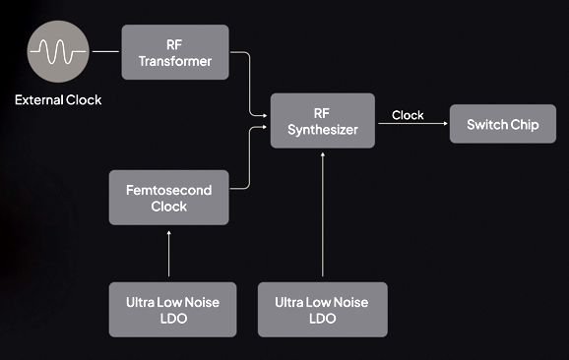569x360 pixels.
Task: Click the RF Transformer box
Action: pos(175,52)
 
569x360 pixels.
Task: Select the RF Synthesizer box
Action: pos(323,121)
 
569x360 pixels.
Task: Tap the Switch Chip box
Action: pos(503,124)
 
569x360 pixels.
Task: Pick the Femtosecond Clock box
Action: pos(168,198)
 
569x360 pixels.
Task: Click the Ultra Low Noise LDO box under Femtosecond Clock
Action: pos(172,310)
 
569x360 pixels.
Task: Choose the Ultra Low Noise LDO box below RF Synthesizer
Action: pos(323,310)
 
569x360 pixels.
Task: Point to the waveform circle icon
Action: pos(58,51)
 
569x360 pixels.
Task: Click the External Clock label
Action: pos(58,99)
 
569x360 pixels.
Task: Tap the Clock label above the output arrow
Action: pos(408,115)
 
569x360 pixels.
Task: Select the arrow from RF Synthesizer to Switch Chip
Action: pos(412,124)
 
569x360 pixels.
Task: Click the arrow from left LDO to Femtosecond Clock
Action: pos(168,254)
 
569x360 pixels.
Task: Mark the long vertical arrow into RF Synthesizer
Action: pos(323,214)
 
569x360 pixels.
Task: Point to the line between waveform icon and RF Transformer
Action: pos(105,51)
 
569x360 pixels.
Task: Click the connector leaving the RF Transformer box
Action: pos(250,84)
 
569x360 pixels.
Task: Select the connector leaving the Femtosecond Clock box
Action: pos(250,157)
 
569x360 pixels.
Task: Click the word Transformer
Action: pos(175,61)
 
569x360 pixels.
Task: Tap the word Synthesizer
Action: pos(323,130)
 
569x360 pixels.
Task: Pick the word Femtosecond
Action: pos(168,190)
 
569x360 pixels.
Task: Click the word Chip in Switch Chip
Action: pos(525,125)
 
